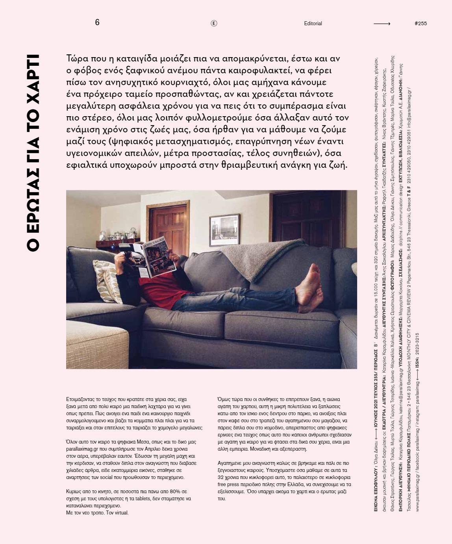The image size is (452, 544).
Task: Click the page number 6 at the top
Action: tap(97, 22)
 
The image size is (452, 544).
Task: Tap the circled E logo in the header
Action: tap(214, 23)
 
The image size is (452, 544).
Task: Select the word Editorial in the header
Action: tap(313, 24)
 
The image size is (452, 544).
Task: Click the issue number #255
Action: tap(421, 24)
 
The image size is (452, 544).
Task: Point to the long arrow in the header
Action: tap(382, 24)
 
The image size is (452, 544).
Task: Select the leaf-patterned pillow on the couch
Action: tap(106, 278)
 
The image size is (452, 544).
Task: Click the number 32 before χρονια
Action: tap(220, 477)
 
